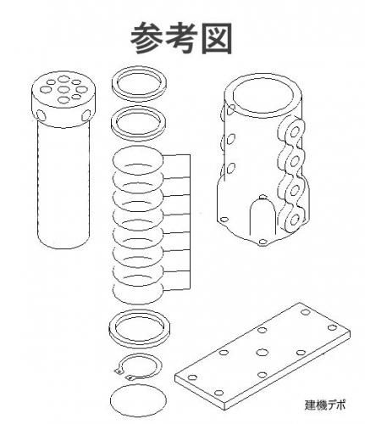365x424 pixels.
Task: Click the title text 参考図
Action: coord(181,38)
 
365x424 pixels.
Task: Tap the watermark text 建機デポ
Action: coord(325,404)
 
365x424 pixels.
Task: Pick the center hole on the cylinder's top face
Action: coord(64,90)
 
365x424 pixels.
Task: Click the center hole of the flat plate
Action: coord(263,352)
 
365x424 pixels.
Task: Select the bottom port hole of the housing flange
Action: coord(294,220)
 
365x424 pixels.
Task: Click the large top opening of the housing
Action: coord(263,95)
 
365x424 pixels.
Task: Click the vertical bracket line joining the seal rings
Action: coord(190,222)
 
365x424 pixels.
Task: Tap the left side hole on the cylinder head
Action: coord(41,115)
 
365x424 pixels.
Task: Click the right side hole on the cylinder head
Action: coord(86,115)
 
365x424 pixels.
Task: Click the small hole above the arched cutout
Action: coord(263,196)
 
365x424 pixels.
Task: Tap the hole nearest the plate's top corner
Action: coord(305,312)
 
